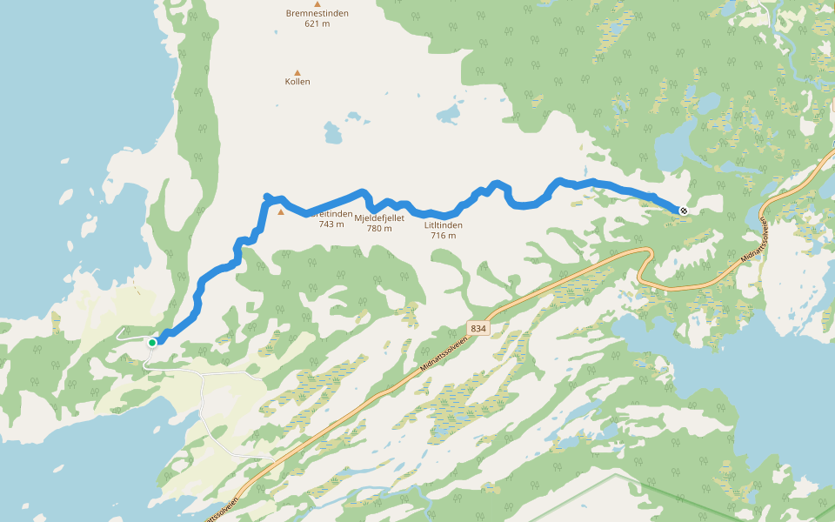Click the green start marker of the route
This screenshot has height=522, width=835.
(x=152, y=343)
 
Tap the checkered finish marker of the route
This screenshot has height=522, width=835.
(x=684, y=210)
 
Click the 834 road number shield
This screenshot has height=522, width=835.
(x=478, y=328)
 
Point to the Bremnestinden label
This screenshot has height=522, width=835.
(x=317, y=13)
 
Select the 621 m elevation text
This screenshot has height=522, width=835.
(x=317, y=24)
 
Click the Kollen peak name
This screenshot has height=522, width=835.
(x=297, y=82)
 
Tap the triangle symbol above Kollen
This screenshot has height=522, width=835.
(x=297, y=72)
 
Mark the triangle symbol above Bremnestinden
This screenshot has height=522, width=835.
(x=317, y=3)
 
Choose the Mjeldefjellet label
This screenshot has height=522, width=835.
(x=379, y=217)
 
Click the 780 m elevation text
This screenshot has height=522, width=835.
(x=379, y=229)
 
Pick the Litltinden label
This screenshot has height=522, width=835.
(x=444, y=225)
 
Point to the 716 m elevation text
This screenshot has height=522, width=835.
(x=444, y=236)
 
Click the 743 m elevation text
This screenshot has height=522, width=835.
(x=331, y=224)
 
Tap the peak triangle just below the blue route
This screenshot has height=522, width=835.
(x=280, y=211)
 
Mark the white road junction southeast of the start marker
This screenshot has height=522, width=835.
(x=203, y=374)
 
